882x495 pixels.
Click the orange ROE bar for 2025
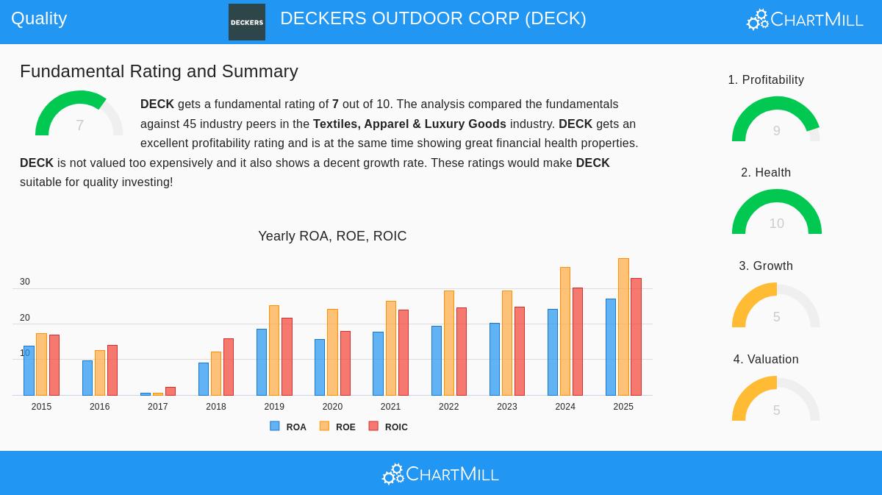click(623, 327)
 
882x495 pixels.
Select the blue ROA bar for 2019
click(262, 363)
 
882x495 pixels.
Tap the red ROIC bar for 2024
click(578, 342)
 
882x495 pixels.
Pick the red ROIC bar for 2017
click(171, 391)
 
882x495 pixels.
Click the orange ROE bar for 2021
click(391, 349)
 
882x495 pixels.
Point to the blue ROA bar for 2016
click(87, 378)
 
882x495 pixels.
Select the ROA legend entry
click(288, 427)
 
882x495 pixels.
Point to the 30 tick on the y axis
click(25, 282)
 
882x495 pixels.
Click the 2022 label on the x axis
click(448, 407)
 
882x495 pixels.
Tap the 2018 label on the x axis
click(216, 407)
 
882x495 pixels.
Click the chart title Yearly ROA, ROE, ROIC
click(332, 236)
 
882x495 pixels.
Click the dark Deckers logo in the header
click(247, 22)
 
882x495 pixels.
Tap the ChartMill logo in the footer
click(440, 474)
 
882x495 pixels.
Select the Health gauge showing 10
click(776, 213)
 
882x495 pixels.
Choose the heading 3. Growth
click(766, 266)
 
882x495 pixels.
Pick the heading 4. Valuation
click(766, 359)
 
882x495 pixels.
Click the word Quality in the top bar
click(39, 18)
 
